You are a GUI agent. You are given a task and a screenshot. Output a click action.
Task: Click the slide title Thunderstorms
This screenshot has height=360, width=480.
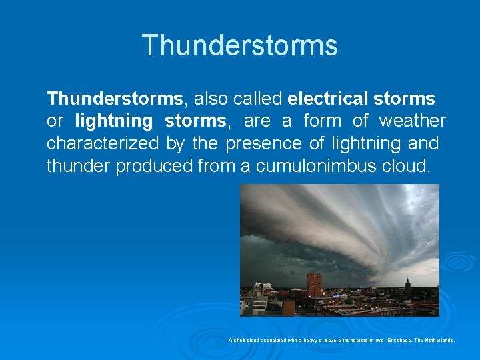click(240, 46)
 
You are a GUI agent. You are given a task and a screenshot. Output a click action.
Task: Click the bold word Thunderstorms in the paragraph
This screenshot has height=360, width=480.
click(114, 99)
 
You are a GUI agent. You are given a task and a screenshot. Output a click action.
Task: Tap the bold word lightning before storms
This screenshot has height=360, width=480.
click(114, 121)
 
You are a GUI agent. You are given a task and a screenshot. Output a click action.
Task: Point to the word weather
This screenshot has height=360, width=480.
click(412, 121)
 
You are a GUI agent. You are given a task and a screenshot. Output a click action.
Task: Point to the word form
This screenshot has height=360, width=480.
click(323, 121)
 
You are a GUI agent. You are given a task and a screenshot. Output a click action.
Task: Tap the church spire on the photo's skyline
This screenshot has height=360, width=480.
click(407, 285)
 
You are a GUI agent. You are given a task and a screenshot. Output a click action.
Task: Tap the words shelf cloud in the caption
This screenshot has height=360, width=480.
click(247, 340)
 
